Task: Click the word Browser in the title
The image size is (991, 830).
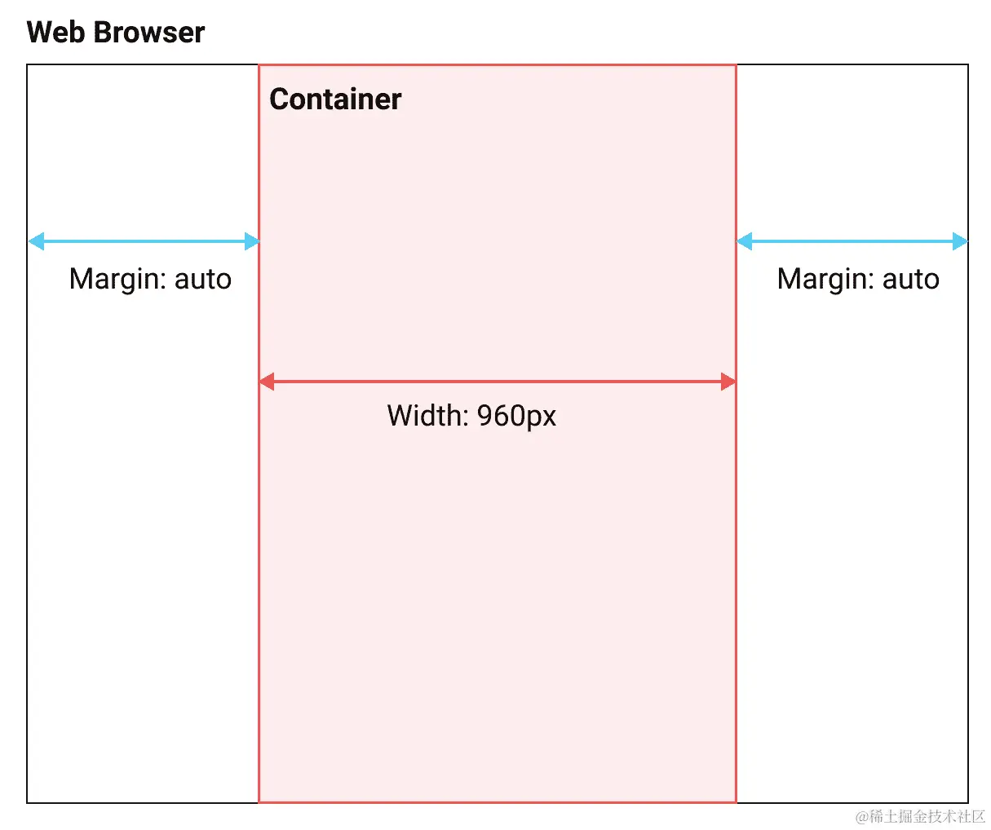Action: [x=148, y=33]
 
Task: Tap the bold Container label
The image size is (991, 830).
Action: [x=335, y=99]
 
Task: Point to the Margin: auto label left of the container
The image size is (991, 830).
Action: [x=150, y=279]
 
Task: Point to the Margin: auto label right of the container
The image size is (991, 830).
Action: [x=858, y=279]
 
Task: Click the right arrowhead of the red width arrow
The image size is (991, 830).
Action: [x=728, y=382]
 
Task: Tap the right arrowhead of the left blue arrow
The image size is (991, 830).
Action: [x=252, y=241]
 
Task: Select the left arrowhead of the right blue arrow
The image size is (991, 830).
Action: [x=745, y=241]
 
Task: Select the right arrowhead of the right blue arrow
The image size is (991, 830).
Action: [x=960, y=241]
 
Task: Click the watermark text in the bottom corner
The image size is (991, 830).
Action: [x=920, y=816]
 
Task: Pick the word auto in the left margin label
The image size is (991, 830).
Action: [x=203, y=279]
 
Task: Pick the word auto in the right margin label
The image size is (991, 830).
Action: [x=911, y=279]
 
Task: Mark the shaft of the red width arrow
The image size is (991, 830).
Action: [x=498, y=382]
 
